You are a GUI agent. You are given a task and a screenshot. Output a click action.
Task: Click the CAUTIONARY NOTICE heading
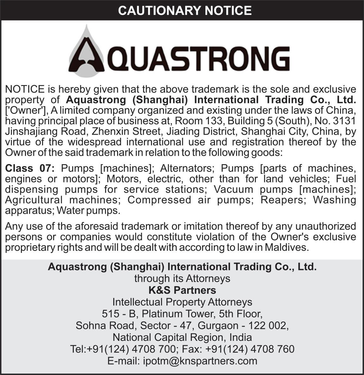[x=185, y=10]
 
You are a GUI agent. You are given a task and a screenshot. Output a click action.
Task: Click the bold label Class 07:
[x=30, y=168]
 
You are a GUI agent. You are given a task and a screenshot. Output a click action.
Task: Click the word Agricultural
[x=34, y=200]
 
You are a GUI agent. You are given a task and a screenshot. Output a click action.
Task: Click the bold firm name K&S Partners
[x=182, y=290]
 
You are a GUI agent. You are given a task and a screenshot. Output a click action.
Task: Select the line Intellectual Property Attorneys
[x=182, y=302]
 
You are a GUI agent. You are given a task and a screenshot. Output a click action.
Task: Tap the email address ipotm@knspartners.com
[x=200, y=360]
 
